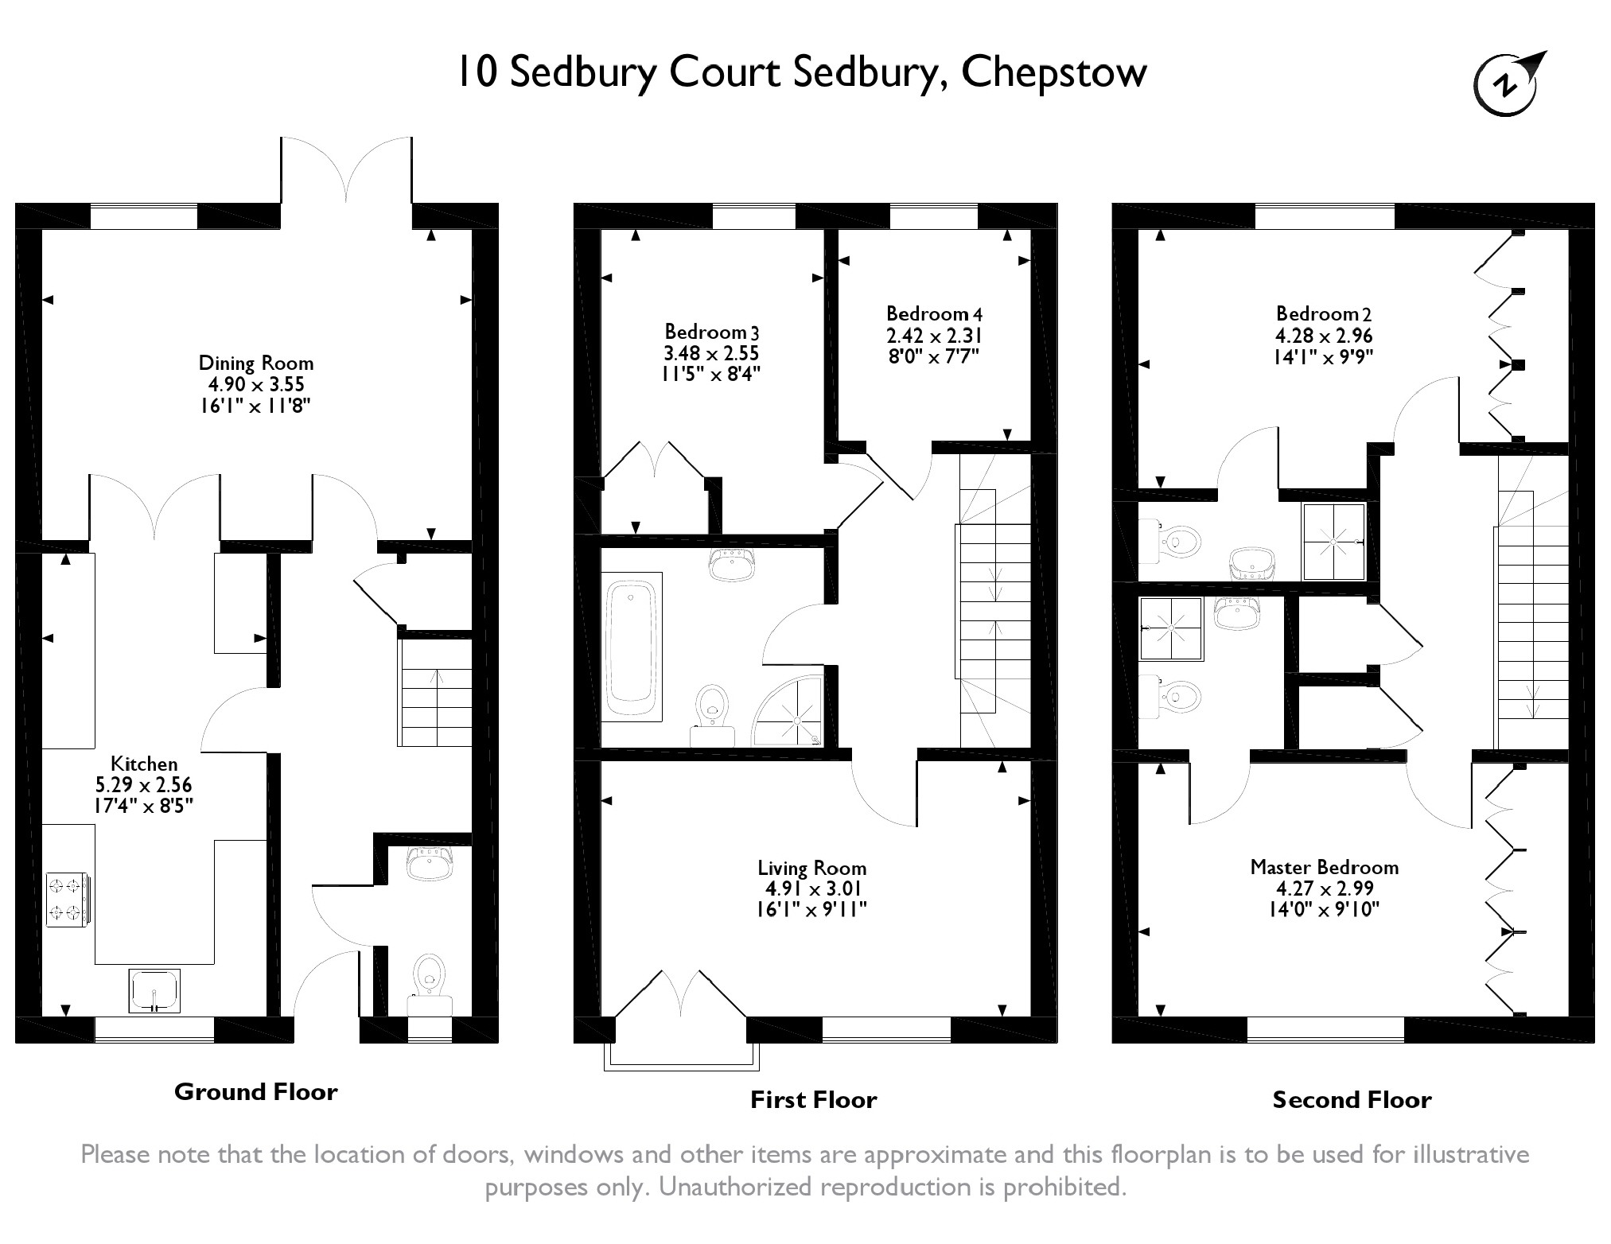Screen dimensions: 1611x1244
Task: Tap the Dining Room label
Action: [255, 363]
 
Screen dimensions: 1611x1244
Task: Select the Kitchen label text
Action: [144, 764]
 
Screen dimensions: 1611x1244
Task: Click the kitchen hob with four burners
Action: [67, 900]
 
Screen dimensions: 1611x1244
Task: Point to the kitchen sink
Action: [154, 991]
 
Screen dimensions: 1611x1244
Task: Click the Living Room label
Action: [811, 869]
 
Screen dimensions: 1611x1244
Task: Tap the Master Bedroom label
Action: [1324, 867]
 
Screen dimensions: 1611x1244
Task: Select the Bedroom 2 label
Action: [1324, 314]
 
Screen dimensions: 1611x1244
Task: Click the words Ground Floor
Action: [255, 1092]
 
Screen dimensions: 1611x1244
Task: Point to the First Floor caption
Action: [813, 1100]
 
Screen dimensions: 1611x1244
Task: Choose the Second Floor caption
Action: [1352, 1100]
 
